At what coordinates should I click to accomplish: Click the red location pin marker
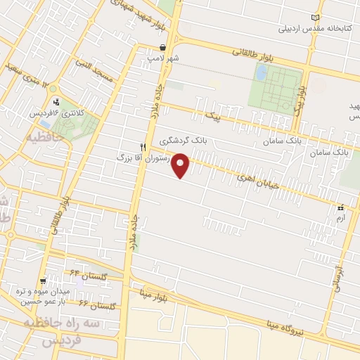tap(181, 165)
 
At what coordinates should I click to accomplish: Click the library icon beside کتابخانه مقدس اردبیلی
tap(314, 18)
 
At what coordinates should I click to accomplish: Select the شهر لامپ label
tap(162, 58)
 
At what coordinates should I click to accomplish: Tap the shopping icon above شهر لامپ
tap(162, 47)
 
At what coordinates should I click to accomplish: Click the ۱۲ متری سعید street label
tap(28, 77)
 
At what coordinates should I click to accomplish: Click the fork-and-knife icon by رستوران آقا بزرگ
tap(143, 147)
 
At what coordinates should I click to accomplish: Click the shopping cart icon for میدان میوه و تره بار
tap(43, 281)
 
